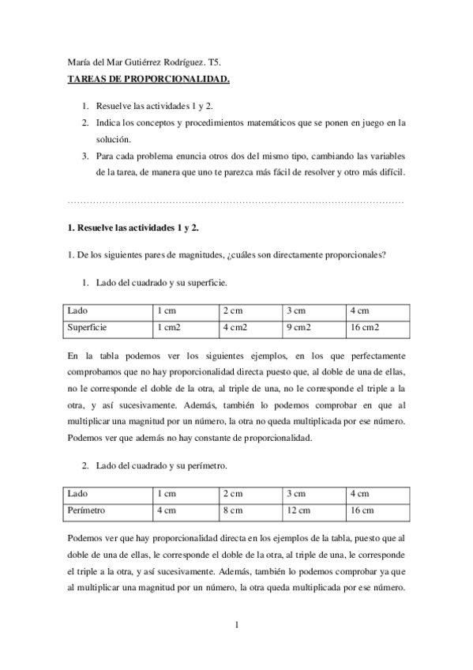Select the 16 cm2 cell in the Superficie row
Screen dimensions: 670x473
365,326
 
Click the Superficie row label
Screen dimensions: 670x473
88,326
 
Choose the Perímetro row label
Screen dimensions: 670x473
88,511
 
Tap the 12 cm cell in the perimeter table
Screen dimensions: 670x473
298,511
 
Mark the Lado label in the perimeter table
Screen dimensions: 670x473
78,494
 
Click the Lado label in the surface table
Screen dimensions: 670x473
78,309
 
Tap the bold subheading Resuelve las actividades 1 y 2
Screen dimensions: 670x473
132,228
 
